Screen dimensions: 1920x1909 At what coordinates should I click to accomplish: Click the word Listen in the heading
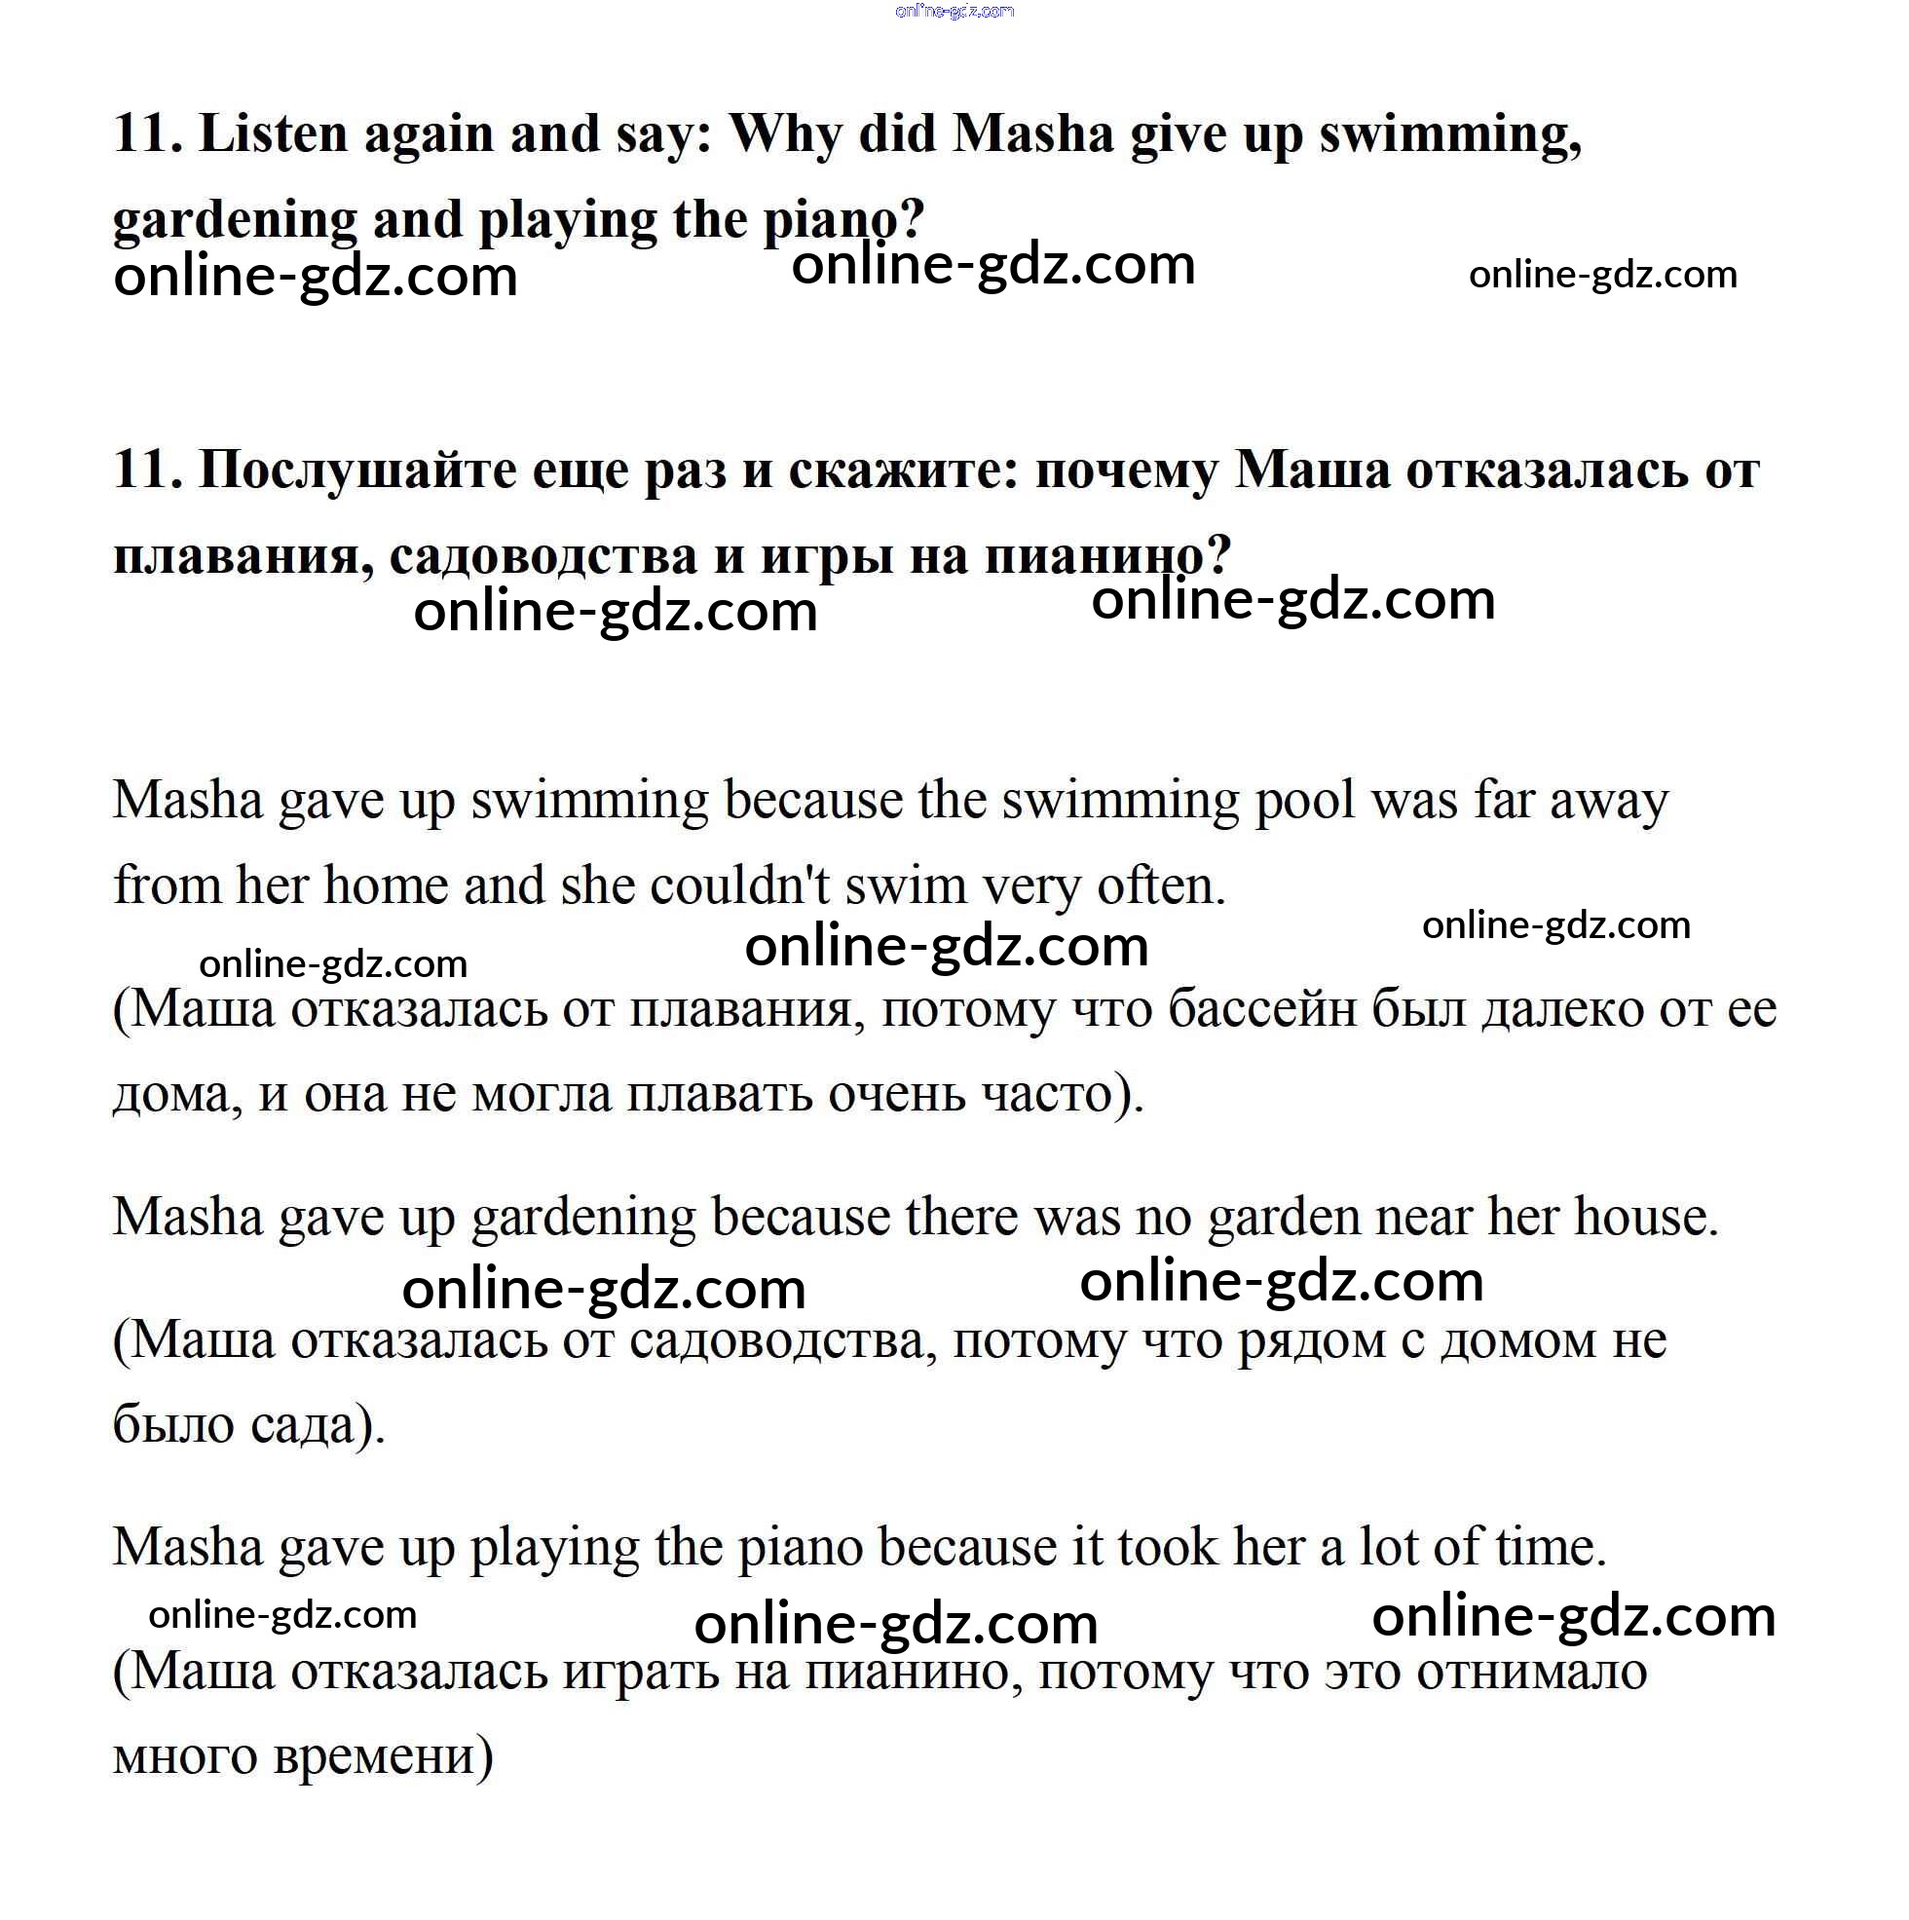coord(274,133)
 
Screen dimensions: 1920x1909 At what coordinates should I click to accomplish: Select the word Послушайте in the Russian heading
coord(356,470)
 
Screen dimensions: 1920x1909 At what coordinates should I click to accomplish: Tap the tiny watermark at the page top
coord(954,12)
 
